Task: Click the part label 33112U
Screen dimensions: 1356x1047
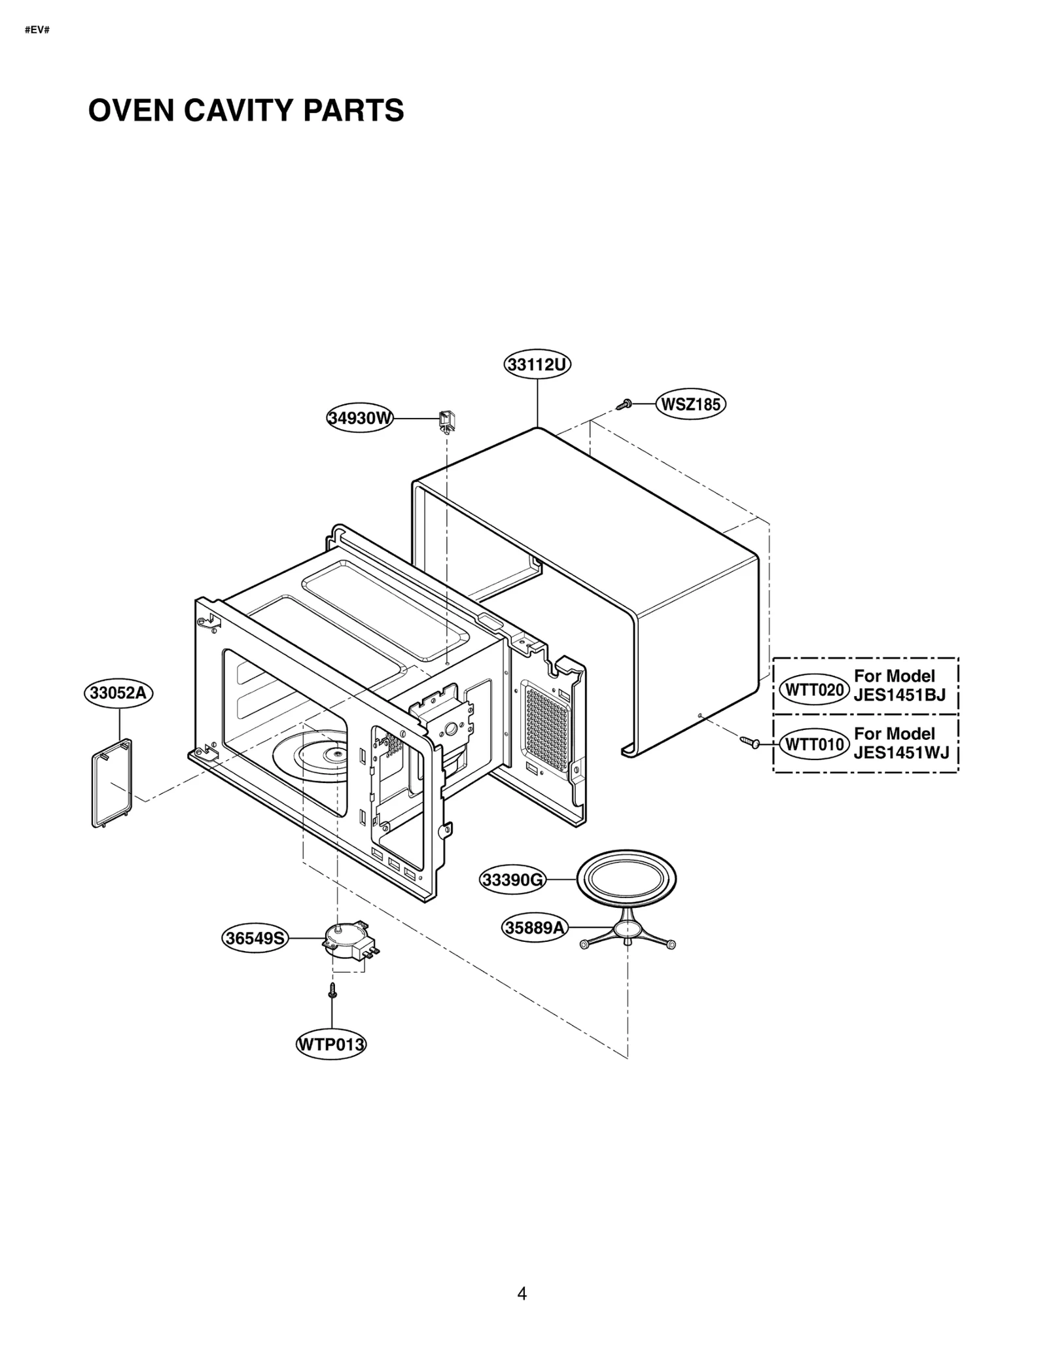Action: [537, 364]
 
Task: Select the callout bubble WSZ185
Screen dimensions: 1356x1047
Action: [690, 405]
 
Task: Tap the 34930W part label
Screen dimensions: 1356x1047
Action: [359, 418]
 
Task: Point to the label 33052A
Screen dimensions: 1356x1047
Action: [118, 693]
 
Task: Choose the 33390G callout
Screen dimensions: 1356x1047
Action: [513, 880]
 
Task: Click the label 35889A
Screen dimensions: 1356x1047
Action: [535, 928]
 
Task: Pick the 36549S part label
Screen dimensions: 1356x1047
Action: [255, 939]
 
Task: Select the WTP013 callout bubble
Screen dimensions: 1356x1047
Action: [331, 1045]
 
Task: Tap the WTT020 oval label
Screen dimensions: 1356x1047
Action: [814, 690]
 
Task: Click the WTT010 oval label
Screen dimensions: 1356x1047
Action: [814, 744]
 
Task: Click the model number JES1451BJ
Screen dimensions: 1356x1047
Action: [899, 695]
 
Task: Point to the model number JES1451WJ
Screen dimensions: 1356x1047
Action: [900, 752]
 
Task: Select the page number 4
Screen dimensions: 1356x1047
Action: [522, 1294]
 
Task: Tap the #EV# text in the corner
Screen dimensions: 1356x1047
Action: [37, 31]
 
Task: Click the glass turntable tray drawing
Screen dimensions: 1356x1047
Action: [626, 878]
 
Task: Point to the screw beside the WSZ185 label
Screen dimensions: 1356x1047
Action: [624, 405]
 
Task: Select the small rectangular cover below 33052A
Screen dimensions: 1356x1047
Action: [112, 783]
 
